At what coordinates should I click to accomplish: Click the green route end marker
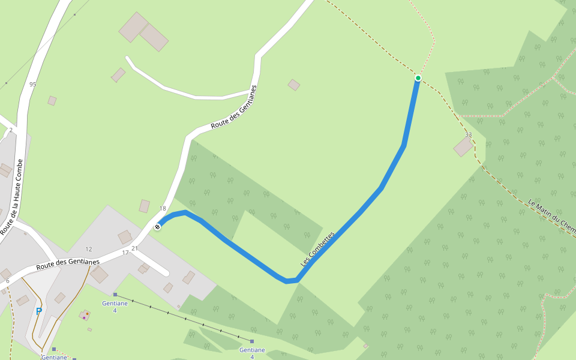(x=418, y=78)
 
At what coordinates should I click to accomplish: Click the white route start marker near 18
(x=157, y=227)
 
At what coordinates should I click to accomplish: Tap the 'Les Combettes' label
(x=317, y=249)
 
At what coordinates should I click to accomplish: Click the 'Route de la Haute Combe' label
(x=13, y=197)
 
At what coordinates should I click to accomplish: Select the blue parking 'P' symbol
(x=38, y=311)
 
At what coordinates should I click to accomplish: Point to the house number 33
(x=468, y=135)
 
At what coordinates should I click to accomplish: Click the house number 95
(x=32, y=85)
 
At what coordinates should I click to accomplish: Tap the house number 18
(x=162, y=209)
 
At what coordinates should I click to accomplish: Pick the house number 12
(x=89, y=249)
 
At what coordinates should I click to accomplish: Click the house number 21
(x=134, y=248)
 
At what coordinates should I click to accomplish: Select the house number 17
(x=125, y=253)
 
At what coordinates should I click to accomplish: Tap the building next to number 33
(x=463, y=147)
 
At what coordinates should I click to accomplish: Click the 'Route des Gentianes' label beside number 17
(x=68, y=263)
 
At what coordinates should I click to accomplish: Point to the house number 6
(x=8, y=281)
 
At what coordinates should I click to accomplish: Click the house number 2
(x=11, y=130)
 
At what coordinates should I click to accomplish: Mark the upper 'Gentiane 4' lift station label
(x=115, y=307)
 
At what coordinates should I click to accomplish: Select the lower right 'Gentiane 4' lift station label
(x=252, y=353)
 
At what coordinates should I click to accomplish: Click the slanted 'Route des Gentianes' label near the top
(x=233, y=108)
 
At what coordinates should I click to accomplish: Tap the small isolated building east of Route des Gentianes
(x=293, y=85)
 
